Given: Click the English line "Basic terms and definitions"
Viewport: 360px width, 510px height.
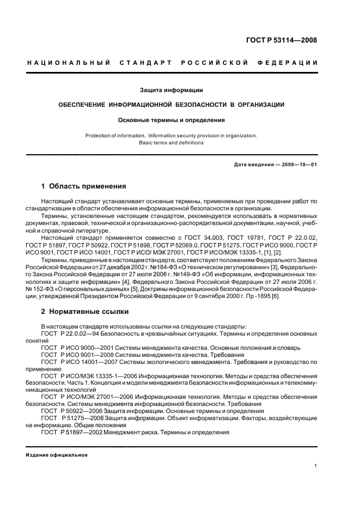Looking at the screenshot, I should tap(171, 143).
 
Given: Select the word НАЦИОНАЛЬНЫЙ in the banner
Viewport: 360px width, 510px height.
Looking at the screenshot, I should tap(65, 63).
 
